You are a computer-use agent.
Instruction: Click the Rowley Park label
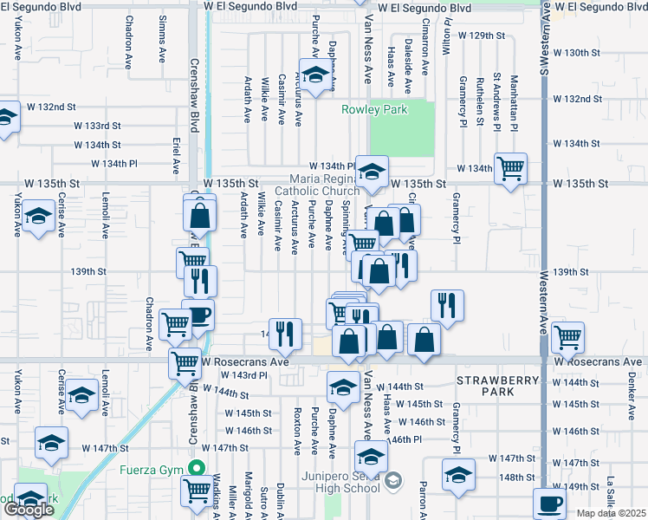pyautogui.click(x=374, y=110)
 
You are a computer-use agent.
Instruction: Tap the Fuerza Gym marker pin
pyautogui.click(x=197, y=470)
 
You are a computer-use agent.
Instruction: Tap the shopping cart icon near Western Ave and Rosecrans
pyautogui.click(x=567, y=336)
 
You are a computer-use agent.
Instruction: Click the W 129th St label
pyautogui.click(x=483, y=36)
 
